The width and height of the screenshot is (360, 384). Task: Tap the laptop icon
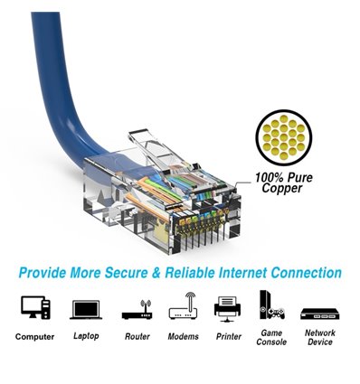coord(85,309)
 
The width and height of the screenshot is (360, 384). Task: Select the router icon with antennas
coord(136,308)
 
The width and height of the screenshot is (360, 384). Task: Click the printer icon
coord(227,308)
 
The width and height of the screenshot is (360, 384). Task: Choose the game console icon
coord(270,304)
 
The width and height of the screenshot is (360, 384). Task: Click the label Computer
coord(34,337)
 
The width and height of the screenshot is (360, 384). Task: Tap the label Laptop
coord(85,337)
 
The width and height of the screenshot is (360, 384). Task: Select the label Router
coord(136,337)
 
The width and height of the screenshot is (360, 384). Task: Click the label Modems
coord(183,337)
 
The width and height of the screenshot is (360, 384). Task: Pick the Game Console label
coord(270,337)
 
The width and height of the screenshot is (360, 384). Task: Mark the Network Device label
coord(319,337)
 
